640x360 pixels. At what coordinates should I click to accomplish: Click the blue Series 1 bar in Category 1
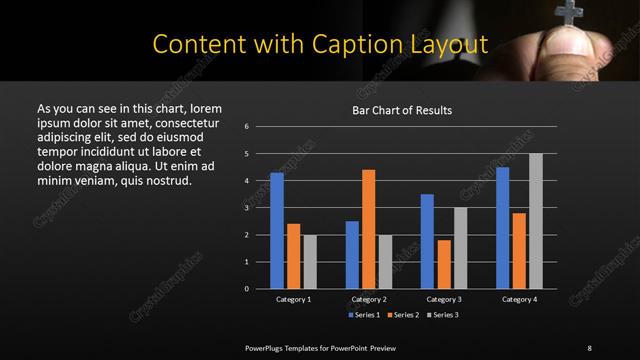pyautogui.click(x=277, y=231)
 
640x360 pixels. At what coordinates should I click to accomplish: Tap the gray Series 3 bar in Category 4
pyautogui.click(x=536, y=221)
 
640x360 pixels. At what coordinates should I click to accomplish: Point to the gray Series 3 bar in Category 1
pyautogui.click(x=310, y=262)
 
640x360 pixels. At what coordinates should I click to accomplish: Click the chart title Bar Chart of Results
pyautogui.click(x=403, y=110)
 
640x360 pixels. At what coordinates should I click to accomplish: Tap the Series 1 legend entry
pyautogui.click(x=364, y=315)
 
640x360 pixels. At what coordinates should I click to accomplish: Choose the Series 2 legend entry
pyautogui.click(x=403, y=315)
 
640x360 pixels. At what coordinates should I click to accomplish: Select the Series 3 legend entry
pyautogui.click(x=443, y=315)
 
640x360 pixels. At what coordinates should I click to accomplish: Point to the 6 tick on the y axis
pyautogui.click(x=246, y=127)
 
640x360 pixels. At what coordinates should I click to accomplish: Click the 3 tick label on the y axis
pyautogui.click(x=246, y=208)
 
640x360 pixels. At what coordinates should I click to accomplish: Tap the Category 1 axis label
pyautogui.click(x=294, y=299)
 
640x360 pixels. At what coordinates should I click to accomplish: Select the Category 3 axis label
pyautogui.click(x=444, y=299)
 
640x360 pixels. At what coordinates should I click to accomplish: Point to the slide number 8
pyautogui.click(x=588, y=347)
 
